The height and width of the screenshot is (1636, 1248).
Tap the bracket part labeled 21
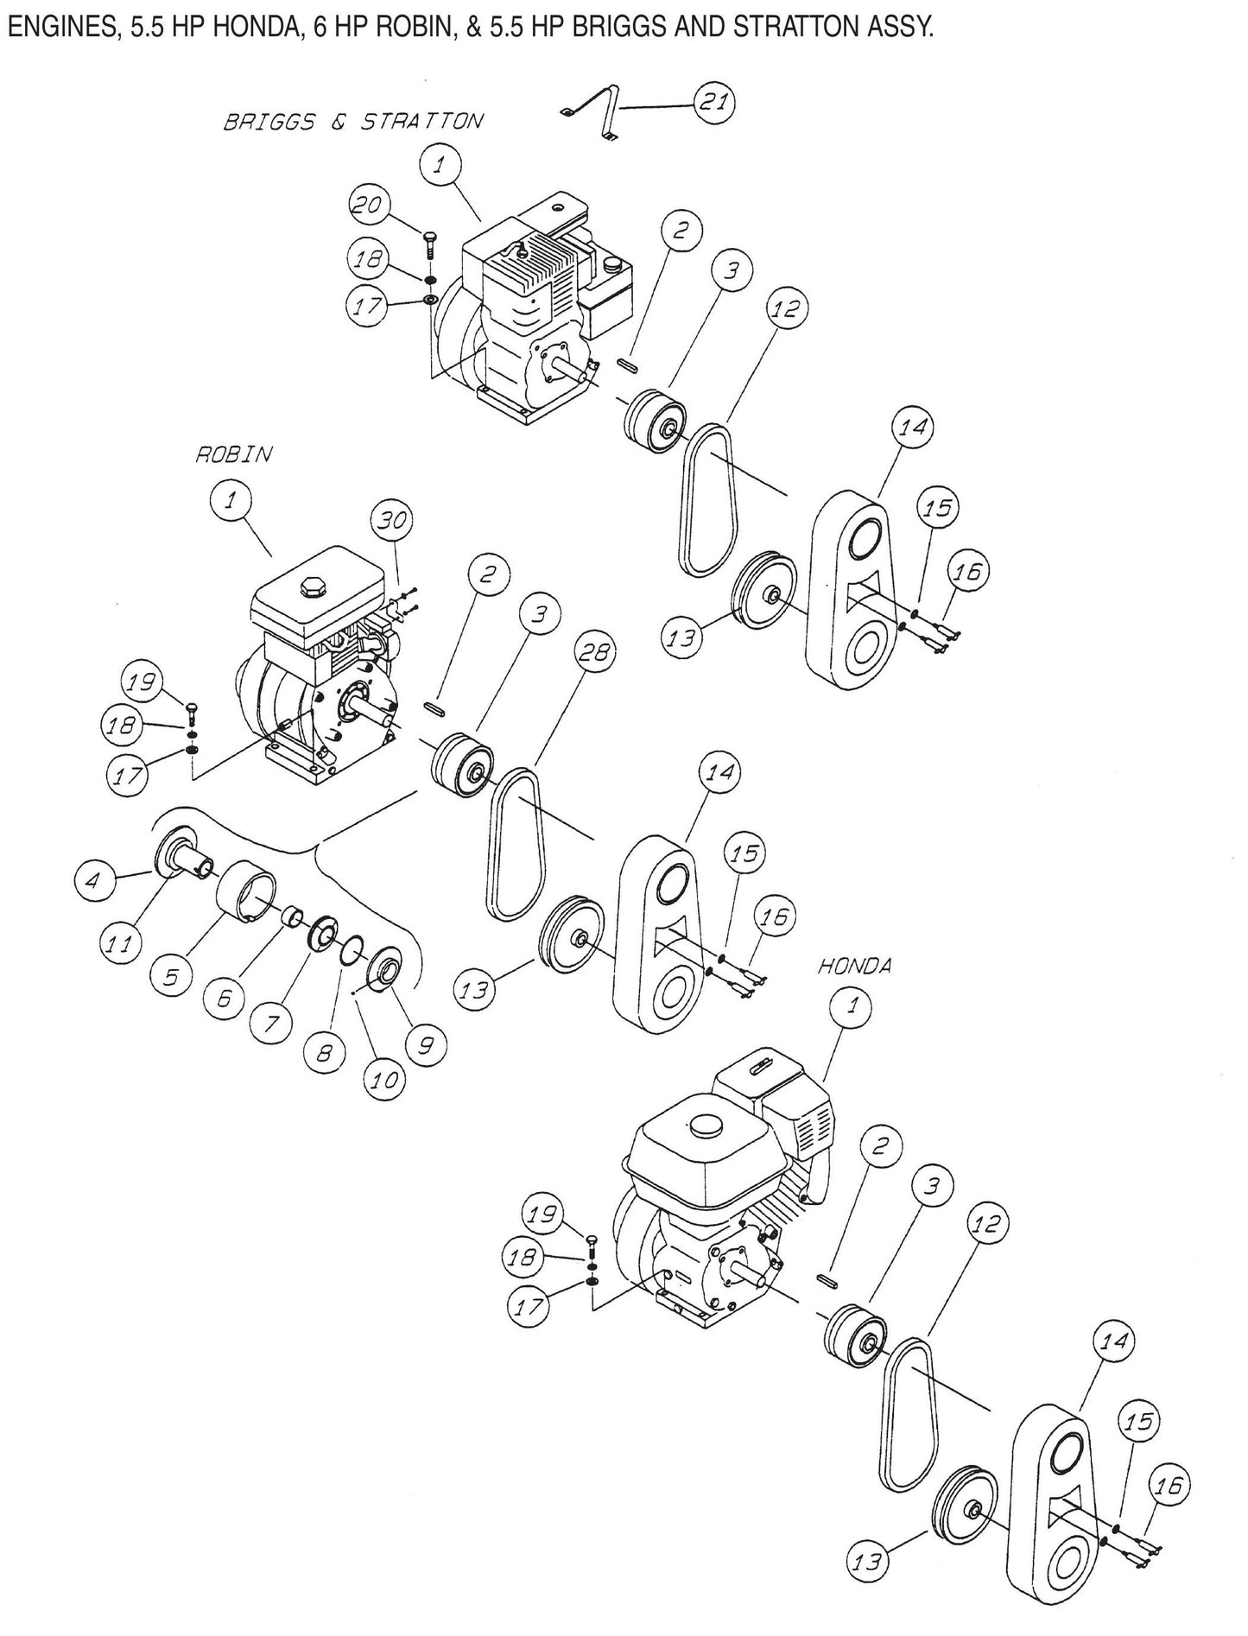click(599, 111)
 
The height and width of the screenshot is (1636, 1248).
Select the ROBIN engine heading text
click(233, 454)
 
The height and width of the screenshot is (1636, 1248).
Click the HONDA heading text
click(854, 967)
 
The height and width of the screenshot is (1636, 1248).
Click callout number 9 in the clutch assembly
click(426, 1046)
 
